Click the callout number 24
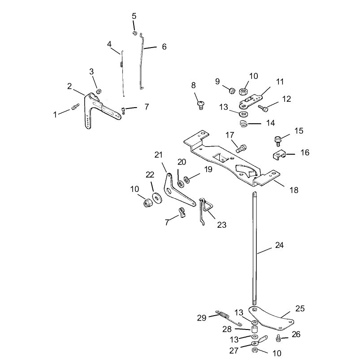[x=279, y=245]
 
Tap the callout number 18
[x=294, y=190]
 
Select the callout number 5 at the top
[x=134, y=16]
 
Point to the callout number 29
[x=202, y=318]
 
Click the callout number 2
[x=69, y=87]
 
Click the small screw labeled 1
[x=75, y=107]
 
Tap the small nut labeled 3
[x=99, y=91]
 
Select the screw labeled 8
[x=201, y=105]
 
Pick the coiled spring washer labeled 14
[x=244, y=124]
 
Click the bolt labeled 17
[x=241, y=147]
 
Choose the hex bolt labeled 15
[x=278, y=140]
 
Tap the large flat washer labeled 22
[x=157, y=198]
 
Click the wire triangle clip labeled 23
[x=205, y=211]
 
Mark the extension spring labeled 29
[x=229, y=318]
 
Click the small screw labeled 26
[x=279, y=338]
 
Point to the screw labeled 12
[x=263, y=108]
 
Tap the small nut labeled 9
[x=232, y=90]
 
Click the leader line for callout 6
[x=150, y=48]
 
